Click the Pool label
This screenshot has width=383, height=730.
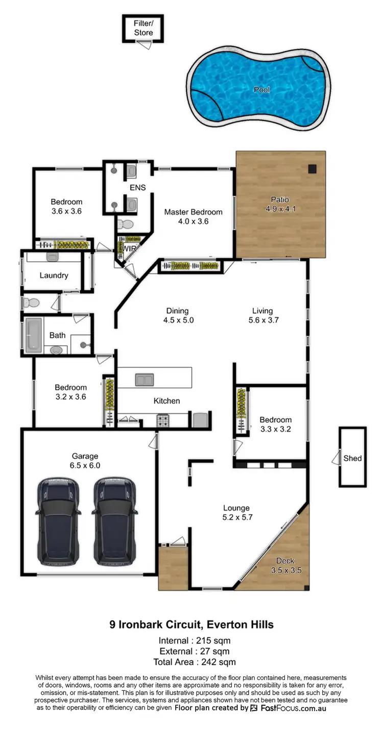click(x=262, y=90)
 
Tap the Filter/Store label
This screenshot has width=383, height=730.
click(x=143, y=28)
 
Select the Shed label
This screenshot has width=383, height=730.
click(x=352, y=458)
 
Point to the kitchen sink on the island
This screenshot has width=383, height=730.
click(x=145, y=379)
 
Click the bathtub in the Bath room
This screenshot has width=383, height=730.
click(x=34, y=335)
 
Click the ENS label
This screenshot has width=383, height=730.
click(x=137, y=187)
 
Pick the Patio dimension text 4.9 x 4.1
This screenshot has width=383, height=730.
click(x=281, y=209)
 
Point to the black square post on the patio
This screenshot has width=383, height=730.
click(x=312, y=169)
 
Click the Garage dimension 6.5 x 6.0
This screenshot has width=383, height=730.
click(x=85, y=465)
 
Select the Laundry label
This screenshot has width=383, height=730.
click(x=54, y=275)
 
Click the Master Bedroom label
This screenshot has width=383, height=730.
click(x=193, y=212)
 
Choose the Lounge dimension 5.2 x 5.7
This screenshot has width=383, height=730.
click(x=236, y=517)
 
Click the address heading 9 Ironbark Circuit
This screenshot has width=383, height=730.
click(x=192, y=624)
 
